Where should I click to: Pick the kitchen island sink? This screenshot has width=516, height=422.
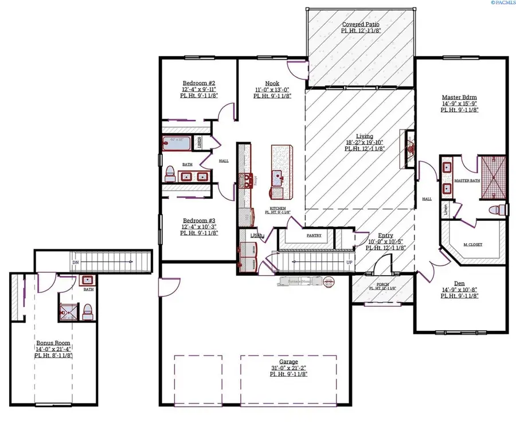(x=281, y=175)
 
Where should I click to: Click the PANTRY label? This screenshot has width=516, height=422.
(x=314, y=235)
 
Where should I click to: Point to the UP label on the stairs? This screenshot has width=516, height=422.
(x=349, y=262)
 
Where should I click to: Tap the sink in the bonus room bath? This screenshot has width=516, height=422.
(x=88, y=280)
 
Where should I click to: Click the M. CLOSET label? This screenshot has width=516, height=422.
(x=473, y=244)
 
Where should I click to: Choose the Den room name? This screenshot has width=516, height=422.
(x=460, y=282)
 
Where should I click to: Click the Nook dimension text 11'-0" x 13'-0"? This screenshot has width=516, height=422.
(x=272, y=89)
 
